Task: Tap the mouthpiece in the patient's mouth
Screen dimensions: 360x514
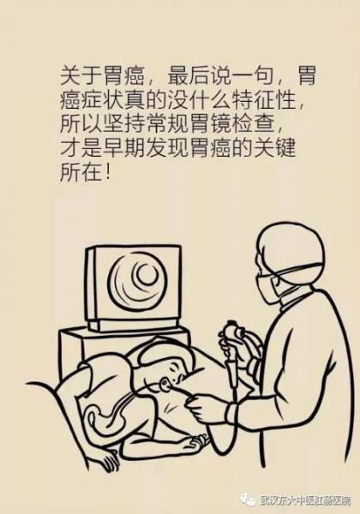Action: (x=166, y=384)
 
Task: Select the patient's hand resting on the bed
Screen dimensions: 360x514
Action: (x=196, y=443)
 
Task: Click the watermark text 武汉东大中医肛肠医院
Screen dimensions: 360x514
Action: (x=306, y=500)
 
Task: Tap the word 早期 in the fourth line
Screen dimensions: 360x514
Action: (x=113, y=147)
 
